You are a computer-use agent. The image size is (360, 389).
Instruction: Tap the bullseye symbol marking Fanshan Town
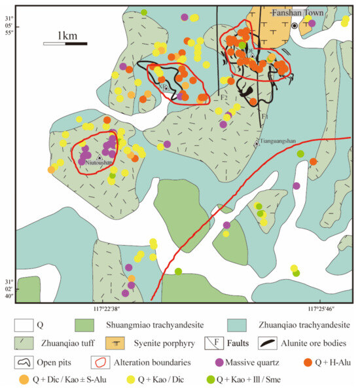295,26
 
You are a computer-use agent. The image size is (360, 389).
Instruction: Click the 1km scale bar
66,44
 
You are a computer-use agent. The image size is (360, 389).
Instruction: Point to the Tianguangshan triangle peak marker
257,143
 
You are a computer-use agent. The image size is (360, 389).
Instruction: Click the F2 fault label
224,98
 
